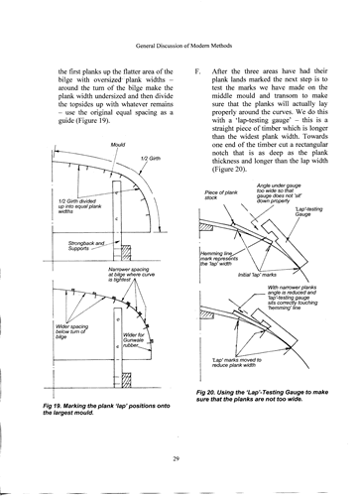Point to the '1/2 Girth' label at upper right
pyautogui.click(x=151, y=160)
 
